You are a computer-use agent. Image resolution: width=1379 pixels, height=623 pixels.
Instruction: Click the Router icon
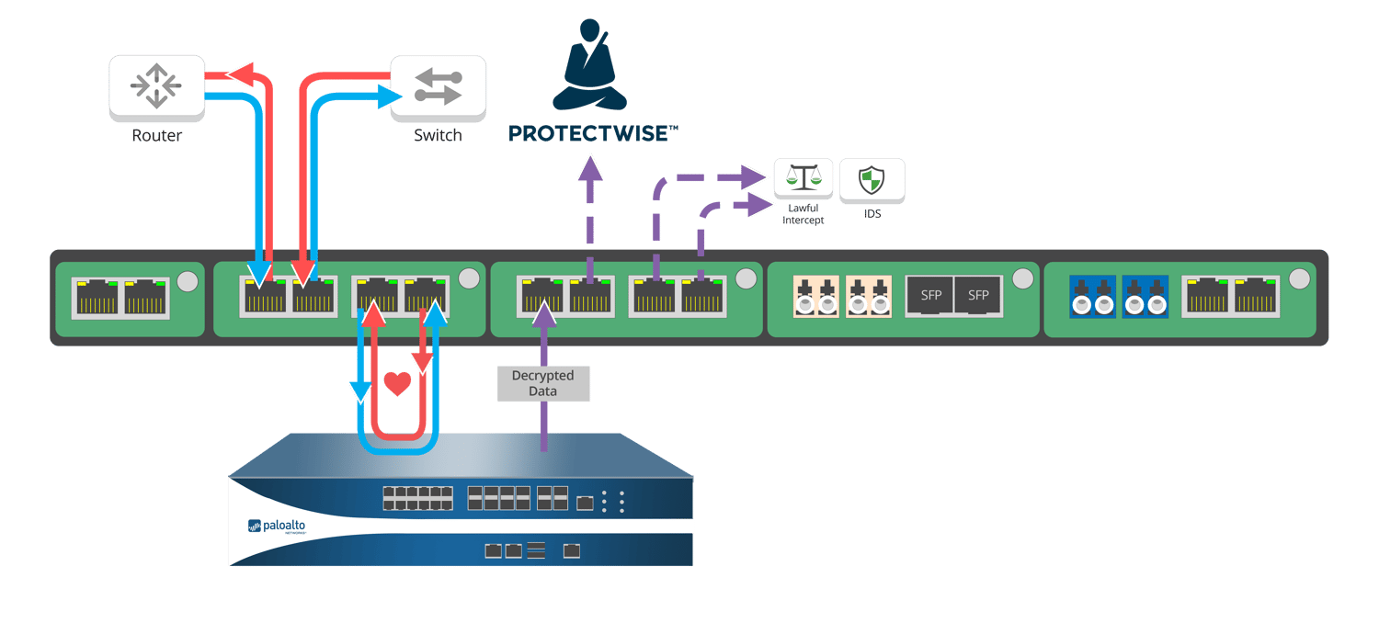[156, 86]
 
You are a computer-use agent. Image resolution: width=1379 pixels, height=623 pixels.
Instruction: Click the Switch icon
[438, 86]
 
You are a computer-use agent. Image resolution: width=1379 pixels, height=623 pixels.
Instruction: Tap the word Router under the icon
[156, 136]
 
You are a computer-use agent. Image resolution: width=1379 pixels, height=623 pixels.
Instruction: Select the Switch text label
[438, 136]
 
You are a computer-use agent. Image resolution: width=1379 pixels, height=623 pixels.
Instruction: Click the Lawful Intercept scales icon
[803, 178]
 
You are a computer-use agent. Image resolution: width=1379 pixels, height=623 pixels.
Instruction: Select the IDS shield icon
[872, 179]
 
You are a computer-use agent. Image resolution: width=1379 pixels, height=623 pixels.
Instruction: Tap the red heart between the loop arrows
[397, 382]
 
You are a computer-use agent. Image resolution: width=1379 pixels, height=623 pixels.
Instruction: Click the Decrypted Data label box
[543, 383]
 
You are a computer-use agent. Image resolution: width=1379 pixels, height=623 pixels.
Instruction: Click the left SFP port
[930, 296]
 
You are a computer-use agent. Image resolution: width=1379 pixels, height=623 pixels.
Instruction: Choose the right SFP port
[978, 296]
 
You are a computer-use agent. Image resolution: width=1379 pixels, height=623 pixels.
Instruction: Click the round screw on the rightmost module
[1299, 278]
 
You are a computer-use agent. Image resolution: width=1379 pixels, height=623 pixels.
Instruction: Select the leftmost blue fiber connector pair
[1092, 297]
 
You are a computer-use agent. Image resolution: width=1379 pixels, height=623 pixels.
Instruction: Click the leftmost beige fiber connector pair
[816, 297]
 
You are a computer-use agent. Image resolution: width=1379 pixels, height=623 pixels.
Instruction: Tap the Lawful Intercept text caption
[803, 214]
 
